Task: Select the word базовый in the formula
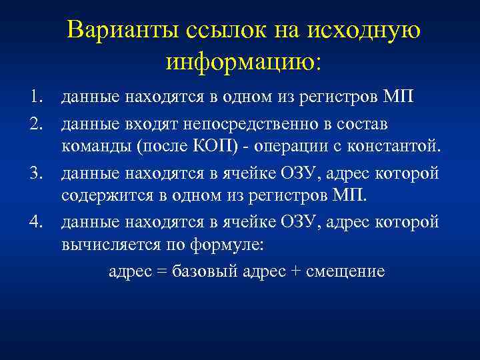coord(201,271)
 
